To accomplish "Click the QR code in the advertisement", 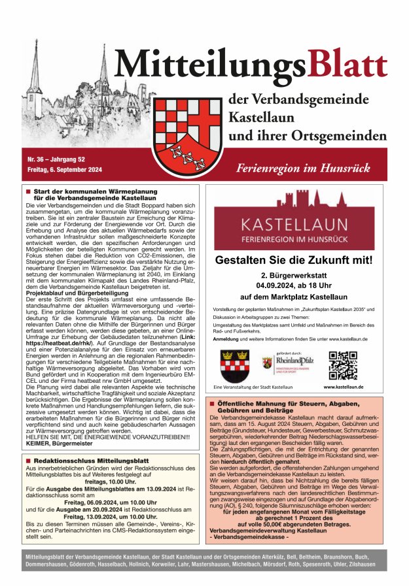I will tap(342, 365).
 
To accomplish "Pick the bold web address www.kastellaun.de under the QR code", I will tap(344, 387).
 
